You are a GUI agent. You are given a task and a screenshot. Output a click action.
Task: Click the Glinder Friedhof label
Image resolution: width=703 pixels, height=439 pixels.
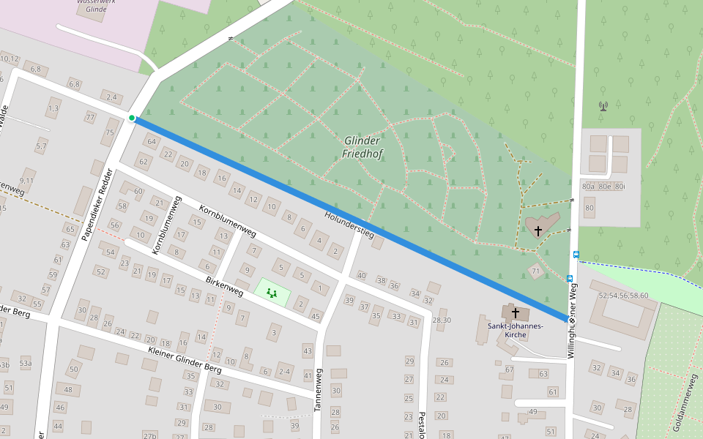pos(361,147)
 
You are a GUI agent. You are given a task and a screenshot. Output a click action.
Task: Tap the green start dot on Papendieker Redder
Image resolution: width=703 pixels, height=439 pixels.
pos(132,118)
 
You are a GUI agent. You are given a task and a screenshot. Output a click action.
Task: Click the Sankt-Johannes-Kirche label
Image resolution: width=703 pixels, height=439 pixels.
pos(514,330)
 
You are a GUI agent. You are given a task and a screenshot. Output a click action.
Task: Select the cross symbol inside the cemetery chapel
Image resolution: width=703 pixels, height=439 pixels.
pos(538,230)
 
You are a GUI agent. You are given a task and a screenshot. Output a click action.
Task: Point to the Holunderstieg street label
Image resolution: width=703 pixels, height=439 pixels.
pos(349,225)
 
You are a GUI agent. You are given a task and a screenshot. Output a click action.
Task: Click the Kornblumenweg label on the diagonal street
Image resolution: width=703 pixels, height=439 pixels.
pos(227,222)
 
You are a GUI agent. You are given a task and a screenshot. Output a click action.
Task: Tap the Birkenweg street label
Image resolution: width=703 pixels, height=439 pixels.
pos(224,287)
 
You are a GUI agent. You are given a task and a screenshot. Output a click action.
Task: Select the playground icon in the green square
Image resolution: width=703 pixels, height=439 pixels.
pos(272,293)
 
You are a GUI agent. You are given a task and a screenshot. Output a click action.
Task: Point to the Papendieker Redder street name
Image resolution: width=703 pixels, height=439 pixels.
pos(97,205)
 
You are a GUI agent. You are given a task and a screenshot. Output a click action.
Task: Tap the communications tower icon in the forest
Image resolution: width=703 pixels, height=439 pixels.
pos(603,106)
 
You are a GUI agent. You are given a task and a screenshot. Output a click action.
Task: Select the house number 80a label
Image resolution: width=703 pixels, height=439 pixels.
pos(588,187)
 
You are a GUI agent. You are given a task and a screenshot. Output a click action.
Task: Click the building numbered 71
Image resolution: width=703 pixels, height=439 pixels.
pos(535,272)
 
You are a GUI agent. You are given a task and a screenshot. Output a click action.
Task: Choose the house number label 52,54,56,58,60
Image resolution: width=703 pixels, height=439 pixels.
pos(623,296)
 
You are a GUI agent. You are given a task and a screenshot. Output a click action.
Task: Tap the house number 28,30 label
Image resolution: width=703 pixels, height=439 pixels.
pos(442,320)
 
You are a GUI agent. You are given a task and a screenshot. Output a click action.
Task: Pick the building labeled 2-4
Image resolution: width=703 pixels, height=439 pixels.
pos(284,372)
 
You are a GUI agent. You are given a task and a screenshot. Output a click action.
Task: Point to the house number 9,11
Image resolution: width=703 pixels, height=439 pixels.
pos(26,180)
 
